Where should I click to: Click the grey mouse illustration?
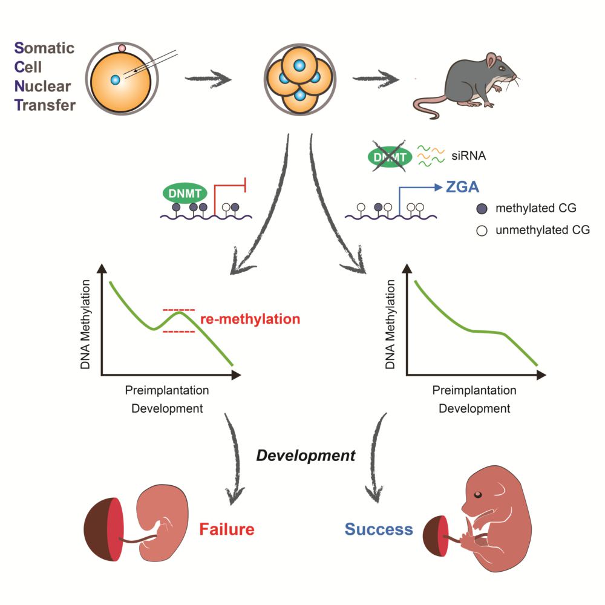coord(472,82)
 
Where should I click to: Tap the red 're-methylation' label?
coord(249,319)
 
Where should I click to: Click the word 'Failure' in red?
coord(227,529)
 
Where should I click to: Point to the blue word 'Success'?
coord(379,530)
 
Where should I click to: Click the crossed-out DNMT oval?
coord(390,158)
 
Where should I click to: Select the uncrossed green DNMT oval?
coord(185,193)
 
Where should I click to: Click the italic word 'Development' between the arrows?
coord(306,456)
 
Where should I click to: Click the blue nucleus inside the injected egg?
coord(116,79)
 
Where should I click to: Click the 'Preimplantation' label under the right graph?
coord(474,390)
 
